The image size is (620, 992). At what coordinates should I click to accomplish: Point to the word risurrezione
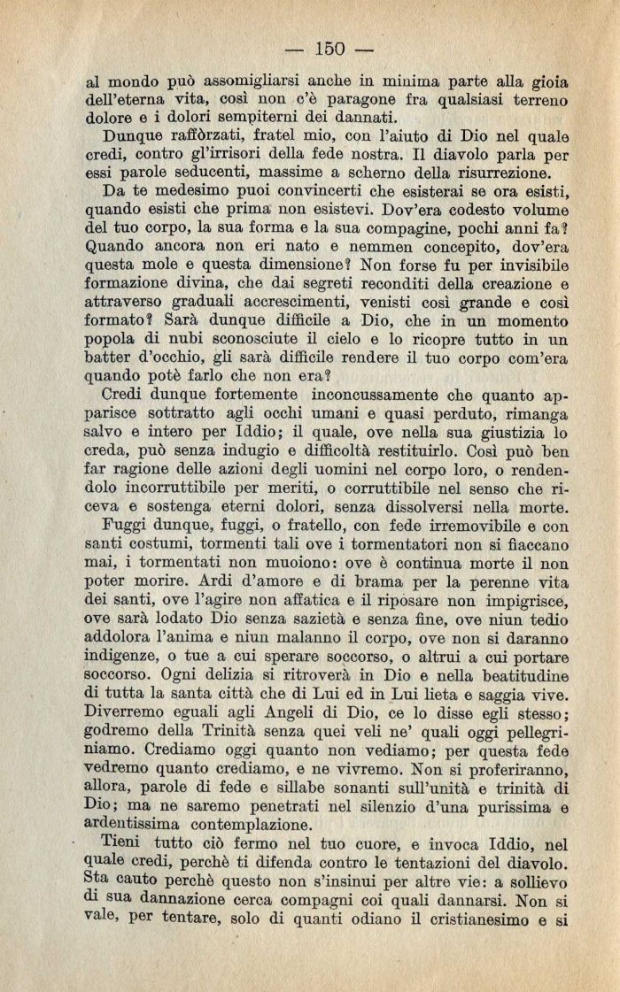495,175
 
